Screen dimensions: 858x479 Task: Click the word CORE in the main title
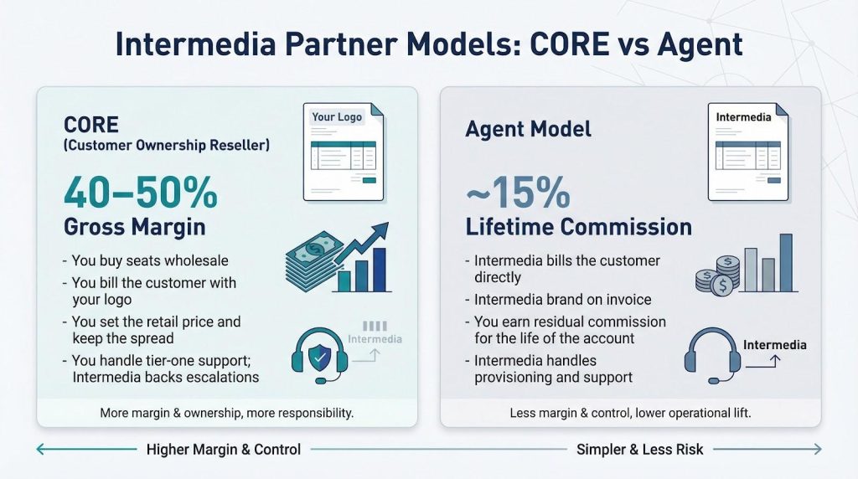(570, 44)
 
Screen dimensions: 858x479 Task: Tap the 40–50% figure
(141, 192)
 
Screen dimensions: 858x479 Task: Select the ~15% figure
(518, 192)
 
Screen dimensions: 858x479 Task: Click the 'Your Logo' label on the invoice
(337, 116)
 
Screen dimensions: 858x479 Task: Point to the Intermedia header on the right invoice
(743, 117)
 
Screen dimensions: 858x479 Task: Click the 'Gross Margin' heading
(135, 226)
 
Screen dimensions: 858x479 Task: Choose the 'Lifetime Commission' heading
(578, 227)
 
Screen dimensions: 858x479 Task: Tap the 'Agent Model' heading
(528, 129)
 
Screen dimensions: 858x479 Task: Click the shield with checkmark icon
(320, 357)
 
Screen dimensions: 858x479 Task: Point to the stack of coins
(718, 276)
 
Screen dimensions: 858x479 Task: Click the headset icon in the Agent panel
(712, 355)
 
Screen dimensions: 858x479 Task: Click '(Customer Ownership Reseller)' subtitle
(167, 146)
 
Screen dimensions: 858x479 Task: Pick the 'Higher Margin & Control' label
(223, 450)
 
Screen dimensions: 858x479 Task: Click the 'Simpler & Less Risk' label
(639, 450)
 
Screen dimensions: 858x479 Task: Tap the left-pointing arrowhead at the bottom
(40, 449)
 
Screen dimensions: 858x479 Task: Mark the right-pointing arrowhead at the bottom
(818, 449)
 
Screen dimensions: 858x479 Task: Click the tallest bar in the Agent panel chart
(786, 263)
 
